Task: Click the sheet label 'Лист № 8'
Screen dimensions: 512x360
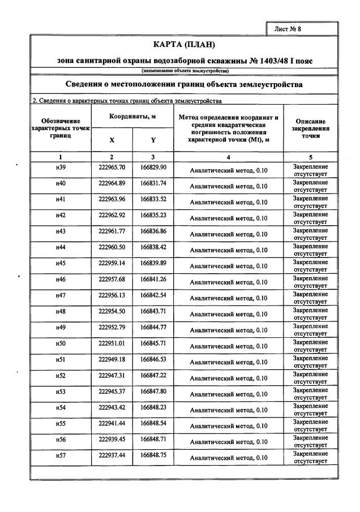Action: tap(303, 28)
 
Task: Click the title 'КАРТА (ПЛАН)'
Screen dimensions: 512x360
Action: tap(185, 45)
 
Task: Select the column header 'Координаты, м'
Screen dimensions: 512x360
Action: tap(132, 117)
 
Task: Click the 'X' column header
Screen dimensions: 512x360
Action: tap(112, 140)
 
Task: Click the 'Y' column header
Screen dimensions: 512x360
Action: tap(153, 140)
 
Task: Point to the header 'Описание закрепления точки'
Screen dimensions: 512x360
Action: tap(311, 128)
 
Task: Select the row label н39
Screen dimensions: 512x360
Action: tap(61, 167)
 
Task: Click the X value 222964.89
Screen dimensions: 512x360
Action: tap(112, 183)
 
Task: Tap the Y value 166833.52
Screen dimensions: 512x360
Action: tap(153, 199)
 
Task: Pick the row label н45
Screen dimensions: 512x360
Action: tap(61, 263)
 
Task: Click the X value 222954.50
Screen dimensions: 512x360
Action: tap(112, 311)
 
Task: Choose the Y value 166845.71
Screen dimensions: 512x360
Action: tap(153, 343)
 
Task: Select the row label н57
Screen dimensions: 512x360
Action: tap(61, 455)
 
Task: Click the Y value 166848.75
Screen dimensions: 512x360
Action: tap(153, 455)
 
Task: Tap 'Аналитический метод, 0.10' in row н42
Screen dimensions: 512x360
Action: tap(228, 218)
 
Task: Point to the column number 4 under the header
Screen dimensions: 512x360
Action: tap(228, 157)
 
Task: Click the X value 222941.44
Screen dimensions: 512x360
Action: tap(112, 423)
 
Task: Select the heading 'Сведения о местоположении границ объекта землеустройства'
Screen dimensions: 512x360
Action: tap(185, 84)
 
